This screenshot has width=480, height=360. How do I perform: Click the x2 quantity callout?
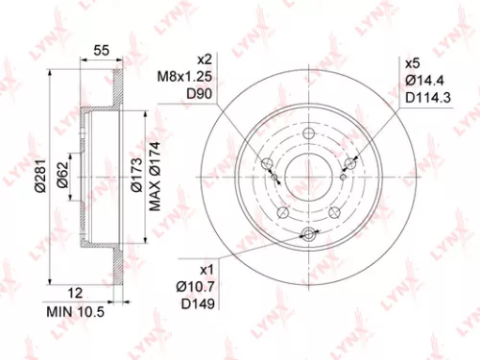203,60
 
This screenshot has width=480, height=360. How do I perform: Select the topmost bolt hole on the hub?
308,134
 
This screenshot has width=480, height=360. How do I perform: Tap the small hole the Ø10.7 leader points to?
308,235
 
